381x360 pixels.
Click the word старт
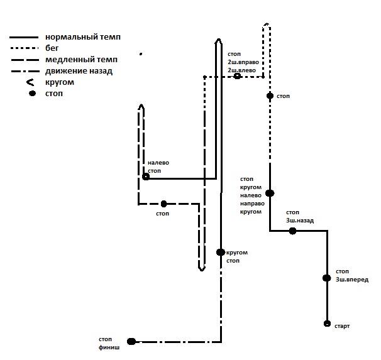(342, 326)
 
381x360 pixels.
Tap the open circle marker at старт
(327, 324)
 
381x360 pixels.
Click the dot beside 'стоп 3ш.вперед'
(326, 278)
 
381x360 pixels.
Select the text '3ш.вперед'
(352, 280)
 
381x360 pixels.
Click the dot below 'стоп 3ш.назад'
(292, 231)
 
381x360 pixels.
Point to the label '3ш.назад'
(300, 221)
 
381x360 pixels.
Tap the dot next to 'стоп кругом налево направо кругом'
(270, 194)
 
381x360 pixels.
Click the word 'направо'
(251, 204)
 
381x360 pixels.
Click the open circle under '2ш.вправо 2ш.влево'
(237, 76)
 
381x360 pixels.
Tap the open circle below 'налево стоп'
(146, 177)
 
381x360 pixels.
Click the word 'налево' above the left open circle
(158, 163)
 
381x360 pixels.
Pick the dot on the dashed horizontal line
(163, 204)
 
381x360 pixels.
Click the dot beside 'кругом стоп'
(220, 252)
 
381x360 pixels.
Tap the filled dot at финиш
(131, 341)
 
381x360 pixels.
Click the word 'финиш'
(109, 346)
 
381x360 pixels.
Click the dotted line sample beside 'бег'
(24, 48)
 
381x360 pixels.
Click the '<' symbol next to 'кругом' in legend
(30, 82)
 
